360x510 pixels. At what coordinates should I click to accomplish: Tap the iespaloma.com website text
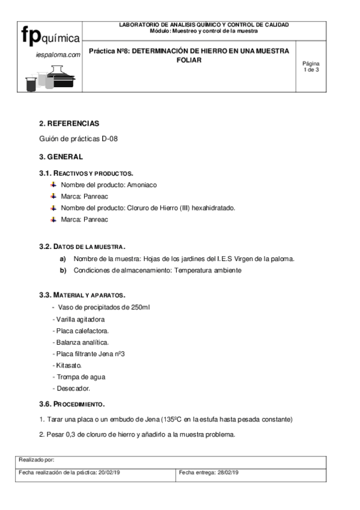[x=58, y=54]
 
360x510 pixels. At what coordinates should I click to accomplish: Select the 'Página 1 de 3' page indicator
[x=311, y=66]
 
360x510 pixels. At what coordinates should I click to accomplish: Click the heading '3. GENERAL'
[x=61, y=157]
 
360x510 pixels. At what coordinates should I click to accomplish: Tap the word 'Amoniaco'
[x=142, y=185]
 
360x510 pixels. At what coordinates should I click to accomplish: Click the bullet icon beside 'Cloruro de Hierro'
[x=53, y=207]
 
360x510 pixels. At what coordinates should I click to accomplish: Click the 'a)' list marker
[x=63, y=259]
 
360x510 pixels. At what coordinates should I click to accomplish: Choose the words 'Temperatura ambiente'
[x=207, y=270]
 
